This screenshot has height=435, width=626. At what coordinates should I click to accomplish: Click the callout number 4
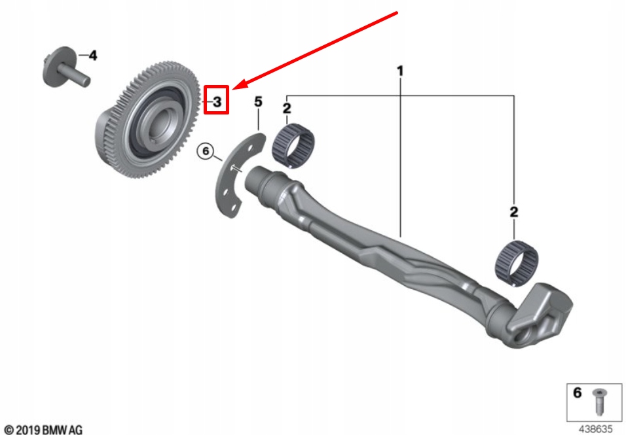[93, 56]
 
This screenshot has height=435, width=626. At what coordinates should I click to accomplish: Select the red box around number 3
[216, 101]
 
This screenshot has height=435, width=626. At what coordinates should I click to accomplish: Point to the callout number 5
[258, 101]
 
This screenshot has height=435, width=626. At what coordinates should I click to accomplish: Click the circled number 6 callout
[206, 152]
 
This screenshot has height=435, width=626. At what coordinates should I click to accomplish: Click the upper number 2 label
[286, 107]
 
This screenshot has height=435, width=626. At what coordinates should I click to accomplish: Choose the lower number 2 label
[514, 211]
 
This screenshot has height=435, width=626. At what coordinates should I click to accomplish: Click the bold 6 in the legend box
[577, 393]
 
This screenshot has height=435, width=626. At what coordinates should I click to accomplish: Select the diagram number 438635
[597, 429]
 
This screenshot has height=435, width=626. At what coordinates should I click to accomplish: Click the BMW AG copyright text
[43, 429]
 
